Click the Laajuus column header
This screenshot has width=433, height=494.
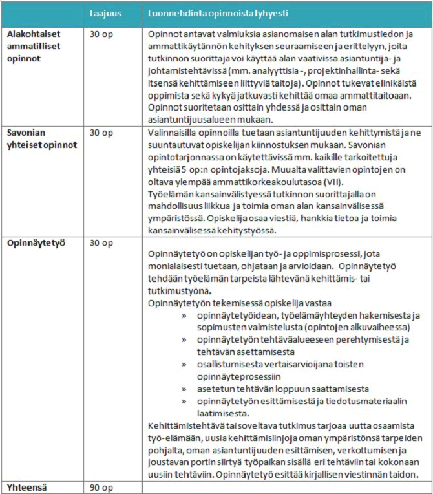click(104, 12)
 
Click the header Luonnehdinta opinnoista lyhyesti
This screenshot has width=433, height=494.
click(218, 12)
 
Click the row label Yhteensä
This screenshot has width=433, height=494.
click(27, 486)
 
